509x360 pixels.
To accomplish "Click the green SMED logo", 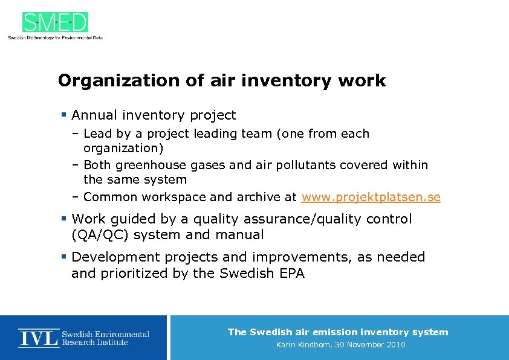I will [55, 22].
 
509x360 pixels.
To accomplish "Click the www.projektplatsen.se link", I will [371, 197].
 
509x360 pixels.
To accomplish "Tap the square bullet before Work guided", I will [63, 219].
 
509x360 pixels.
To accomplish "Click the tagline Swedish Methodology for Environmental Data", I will [55, 37].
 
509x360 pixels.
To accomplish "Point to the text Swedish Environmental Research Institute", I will [105, 338].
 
